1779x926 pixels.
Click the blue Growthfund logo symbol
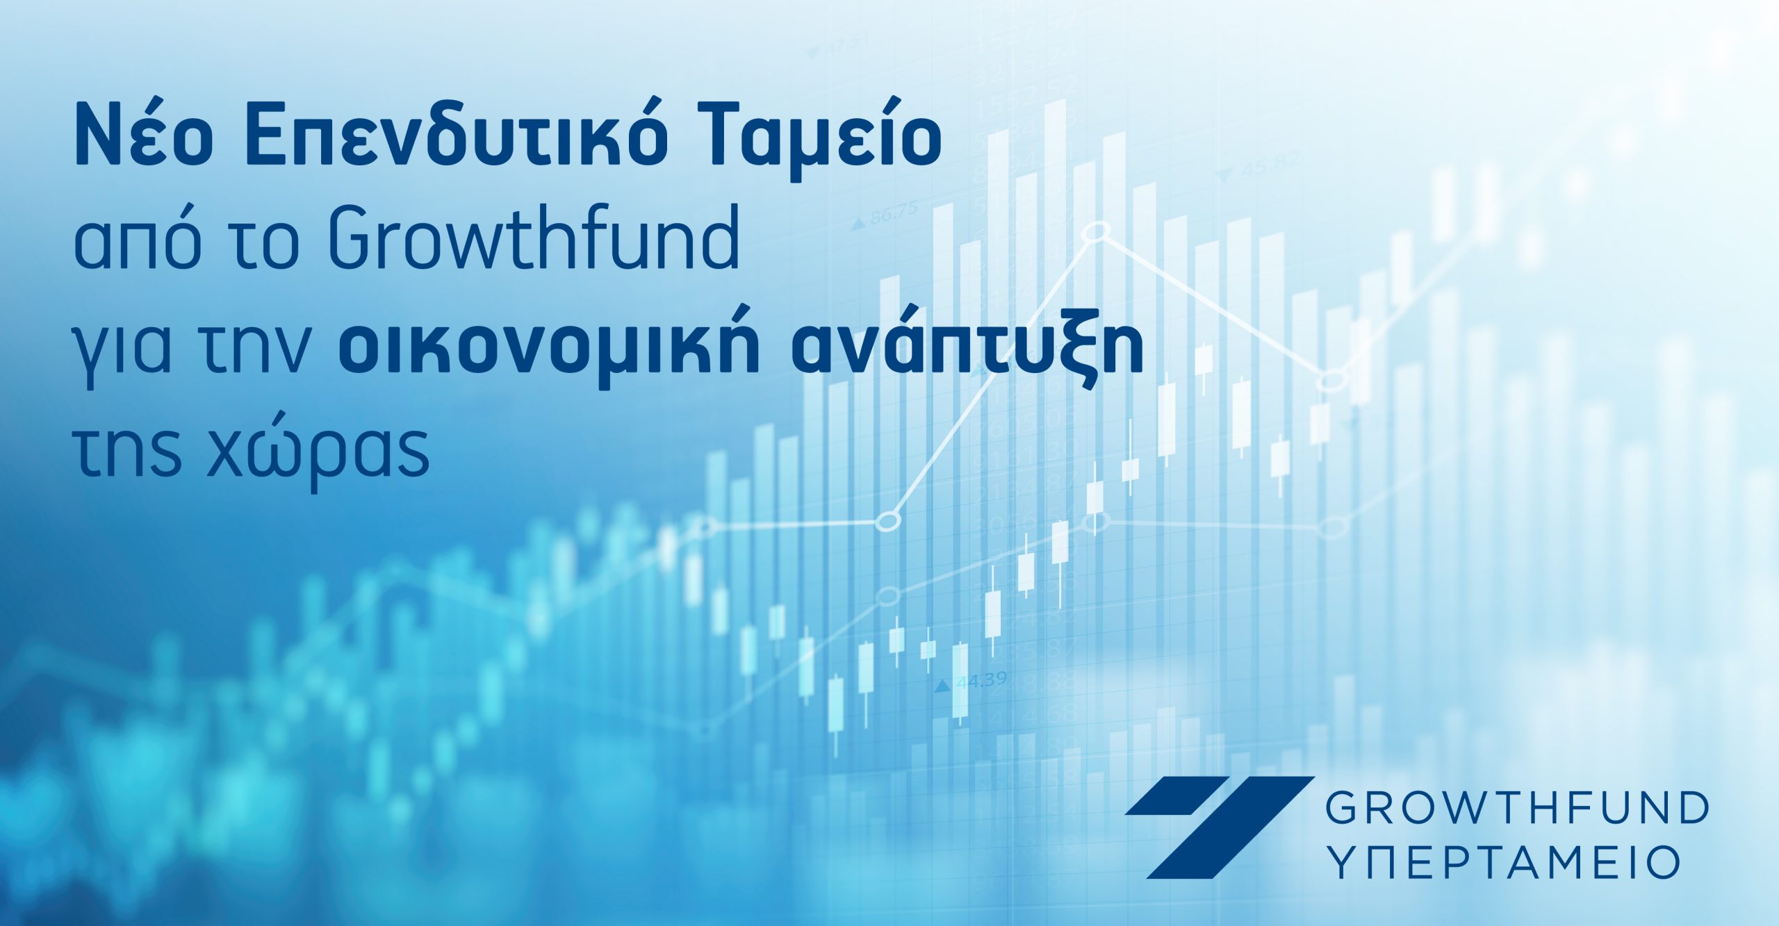(x=1219, y=826)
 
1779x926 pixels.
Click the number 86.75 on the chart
(x=894, y=212)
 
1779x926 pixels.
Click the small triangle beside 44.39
(x=942, y=686)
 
